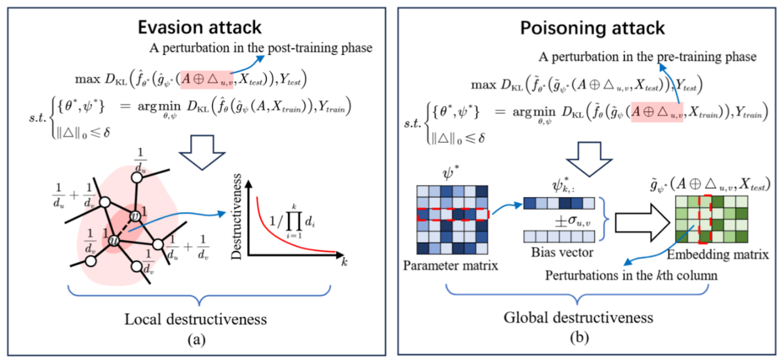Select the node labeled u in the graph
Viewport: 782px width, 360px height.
coord(113,240)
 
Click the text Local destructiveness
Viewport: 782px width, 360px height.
coord(195,319)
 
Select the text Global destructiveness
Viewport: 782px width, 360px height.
coord(578,317)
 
